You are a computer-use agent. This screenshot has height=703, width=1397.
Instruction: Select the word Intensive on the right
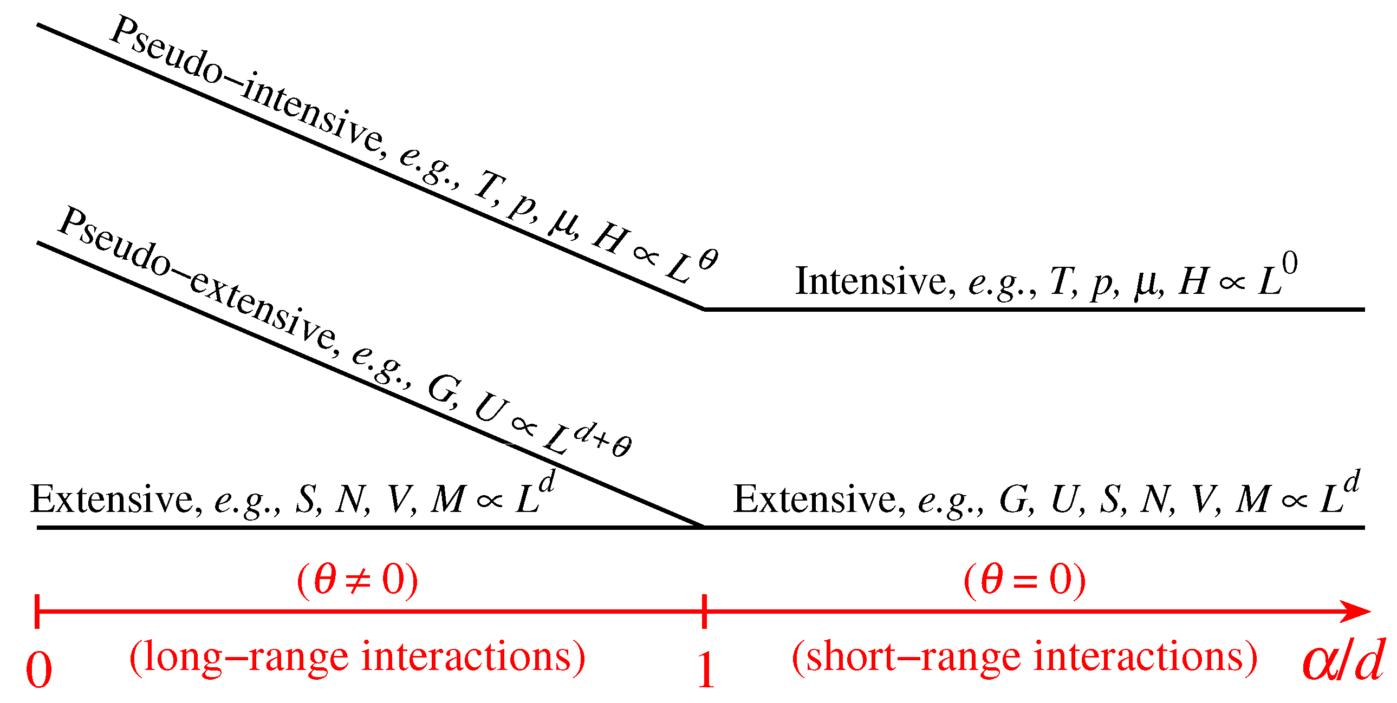[x=871, y=282]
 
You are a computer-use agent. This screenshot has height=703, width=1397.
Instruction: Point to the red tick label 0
[x=39, y=670]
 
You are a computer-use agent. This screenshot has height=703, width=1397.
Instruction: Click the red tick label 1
[x=705, y=670]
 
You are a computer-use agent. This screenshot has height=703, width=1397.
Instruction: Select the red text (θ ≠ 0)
[x=358, y=580]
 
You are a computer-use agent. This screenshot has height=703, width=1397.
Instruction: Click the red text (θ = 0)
[x=1025, y=580]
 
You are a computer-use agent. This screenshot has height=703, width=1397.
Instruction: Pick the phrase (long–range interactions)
[x=358, y=657]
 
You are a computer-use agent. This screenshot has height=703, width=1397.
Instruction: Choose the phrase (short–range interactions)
[x=1025, y=657]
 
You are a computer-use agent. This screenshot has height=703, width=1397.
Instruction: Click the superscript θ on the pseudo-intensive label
[x=709, y=260]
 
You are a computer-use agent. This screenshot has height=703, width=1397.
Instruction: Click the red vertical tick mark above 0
[x=37, y=612]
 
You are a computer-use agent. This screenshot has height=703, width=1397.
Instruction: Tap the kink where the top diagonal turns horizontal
[x=705, y=309]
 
